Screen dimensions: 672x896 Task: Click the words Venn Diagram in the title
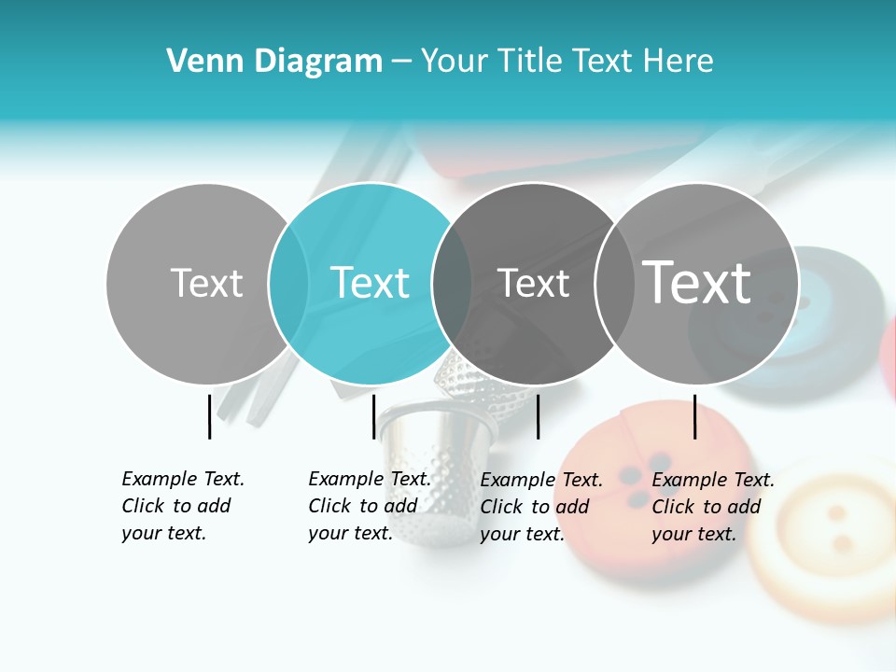point(274,61)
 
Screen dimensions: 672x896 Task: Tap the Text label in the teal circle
point(370,283)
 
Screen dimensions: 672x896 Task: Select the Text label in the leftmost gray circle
point(206,283)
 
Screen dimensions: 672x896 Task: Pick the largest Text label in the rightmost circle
point(697,282)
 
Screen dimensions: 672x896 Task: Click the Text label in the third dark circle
point(533,283)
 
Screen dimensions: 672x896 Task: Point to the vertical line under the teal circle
point(373,416)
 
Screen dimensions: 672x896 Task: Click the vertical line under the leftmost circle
point(209,416)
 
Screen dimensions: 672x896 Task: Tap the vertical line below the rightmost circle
point(694,416)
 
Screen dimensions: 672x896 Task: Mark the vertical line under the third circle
point(538,416)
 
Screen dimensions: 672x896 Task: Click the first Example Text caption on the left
point(182,506)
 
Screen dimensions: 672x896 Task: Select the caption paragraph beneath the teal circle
point(369,506)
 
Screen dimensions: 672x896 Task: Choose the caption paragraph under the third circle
point(540,507)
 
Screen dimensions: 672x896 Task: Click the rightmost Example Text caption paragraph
point(712,507)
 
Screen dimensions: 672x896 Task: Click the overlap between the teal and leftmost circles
point(289,283)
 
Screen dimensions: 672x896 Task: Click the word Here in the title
point(679,61)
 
